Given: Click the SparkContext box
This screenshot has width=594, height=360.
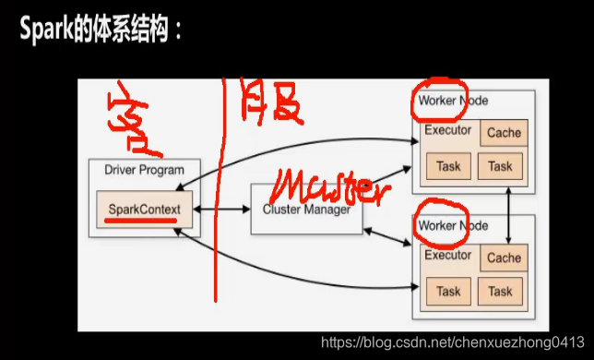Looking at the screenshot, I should pos(143,209).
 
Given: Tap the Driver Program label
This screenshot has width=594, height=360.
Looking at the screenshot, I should pos(144,170).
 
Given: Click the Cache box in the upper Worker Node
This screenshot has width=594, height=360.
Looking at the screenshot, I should pos(504,133).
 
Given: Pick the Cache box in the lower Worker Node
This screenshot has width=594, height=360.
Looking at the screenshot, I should pos(504,258).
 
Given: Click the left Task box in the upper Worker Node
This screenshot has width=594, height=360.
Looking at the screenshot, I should pos(448,166).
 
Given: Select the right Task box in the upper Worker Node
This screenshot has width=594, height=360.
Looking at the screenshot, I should pos(500,166).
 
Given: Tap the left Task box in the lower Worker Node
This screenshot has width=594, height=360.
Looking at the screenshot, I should pos(448,292).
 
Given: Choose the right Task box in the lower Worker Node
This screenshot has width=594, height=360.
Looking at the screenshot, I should pos(500,292).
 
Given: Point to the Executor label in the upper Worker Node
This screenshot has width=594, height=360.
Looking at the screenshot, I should pos(448,130).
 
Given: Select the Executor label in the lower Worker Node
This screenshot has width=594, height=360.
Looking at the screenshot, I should pos(448,255).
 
